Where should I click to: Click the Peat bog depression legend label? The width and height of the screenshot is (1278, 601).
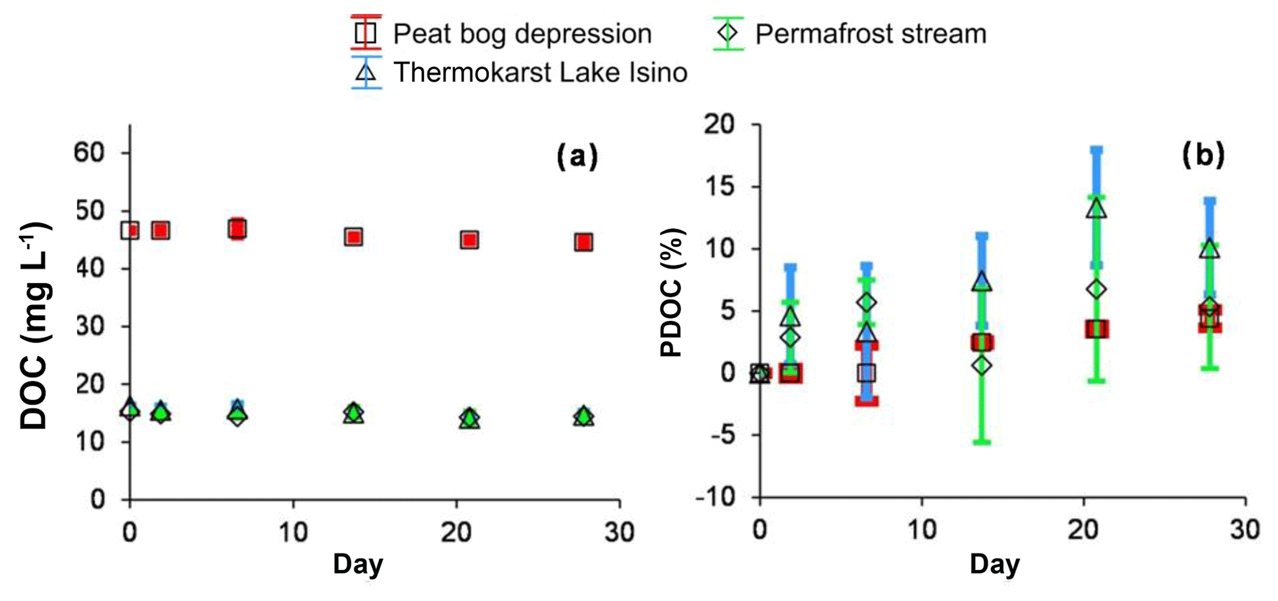coord(522,34)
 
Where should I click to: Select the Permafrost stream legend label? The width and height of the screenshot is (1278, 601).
coord(871,34)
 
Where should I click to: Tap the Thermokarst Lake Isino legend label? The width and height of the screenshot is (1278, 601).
coord(540,72)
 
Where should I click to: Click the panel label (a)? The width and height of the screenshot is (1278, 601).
coord(577,156)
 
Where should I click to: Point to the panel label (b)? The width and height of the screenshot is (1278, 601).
coord(1203,155)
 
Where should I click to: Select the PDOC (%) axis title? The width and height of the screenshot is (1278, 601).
coord(672,292)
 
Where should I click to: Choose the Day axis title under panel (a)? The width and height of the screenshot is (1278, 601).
coord(358,564)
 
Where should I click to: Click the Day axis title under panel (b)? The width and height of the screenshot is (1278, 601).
coord(995,564)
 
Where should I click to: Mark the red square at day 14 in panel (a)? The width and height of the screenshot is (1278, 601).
coord(354,237)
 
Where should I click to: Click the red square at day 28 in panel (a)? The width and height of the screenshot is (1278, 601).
coord(584,242)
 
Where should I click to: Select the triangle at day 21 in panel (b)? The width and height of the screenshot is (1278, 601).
coord(1097,209)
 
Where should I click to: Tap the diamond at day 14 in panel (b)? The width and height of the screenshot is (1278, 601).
coord(982,365)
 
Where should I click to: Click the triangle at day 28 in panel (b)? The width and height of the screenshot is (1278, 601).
coord(1210,249)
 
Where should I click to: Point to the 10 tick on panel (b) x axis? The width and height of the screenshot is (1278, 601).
coord(922,531)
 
